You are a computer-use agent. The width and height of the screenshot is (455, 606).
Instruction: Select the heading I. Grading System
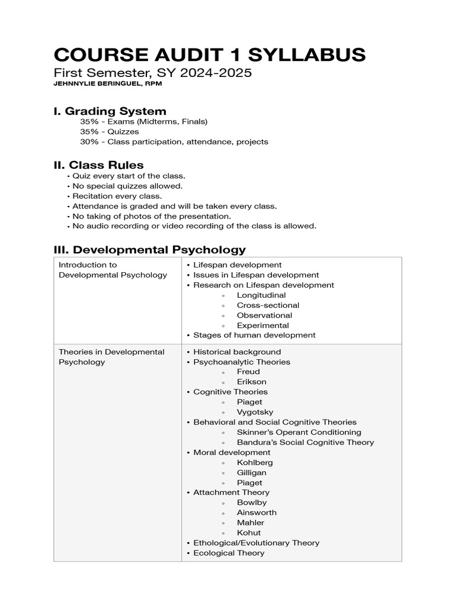pyautogui.click(x=110, y=111)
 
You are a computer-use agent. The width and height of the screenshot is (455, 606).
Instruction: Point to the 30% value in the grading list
pyautogui.click(x=89, y=142)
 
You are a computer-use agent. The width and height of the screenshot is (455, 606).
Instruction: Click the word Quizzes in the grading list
pyautogui.click(x=123, y=132)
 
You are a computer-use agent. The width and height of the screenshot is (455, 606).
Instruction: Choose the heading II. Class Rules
pyautogui.click(x=98, y=165)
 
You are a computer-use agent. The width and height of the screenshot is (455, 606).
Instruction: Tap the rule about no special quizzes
pyautogui.click(x=127, y=186)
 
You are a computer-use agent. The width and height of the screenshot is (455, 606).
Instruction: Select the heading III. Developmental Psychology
pyautogui.click(x=149, y=250)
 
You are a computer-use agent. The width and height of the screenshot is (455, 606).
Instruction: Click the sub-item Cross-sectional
pyautogui.click(x=268, y=305)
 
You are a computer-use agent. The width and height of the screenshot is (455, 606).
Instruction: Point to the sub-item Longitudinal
pyautogui.click(x=261, y=295)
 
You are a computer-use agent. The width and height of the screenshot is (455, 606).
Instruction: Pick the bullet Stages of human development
pyautogui.click(x=254, y=336)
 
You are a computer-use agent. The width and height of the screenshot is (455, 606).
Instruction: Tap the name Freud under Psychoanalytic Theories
pyautogui.click(x=248, y=372)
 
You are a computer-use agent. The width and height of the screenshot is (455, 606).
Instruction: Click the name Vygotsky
pyautogui.click(x=255, y=412)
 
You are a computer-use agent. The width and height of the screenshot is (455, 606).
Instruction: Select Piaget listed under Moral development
pyautogui.click(x=249, y=483)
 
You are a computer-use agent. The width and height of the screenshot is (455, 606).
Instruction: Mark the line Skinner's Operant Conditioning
pyautogui.click(x=299, y=433)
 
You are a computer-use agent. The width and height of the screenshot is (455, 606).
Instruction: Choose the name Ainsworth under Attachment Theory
pyautogui.click(x=257, y=513)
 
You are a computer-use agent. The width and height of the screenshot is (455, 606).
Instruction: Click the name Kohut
pyautogui.click(x=249, y=533)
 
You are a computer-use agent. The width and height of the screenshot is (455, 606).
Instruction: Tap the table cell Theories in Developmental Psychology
pyautogui.click(x=111, y=357)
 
